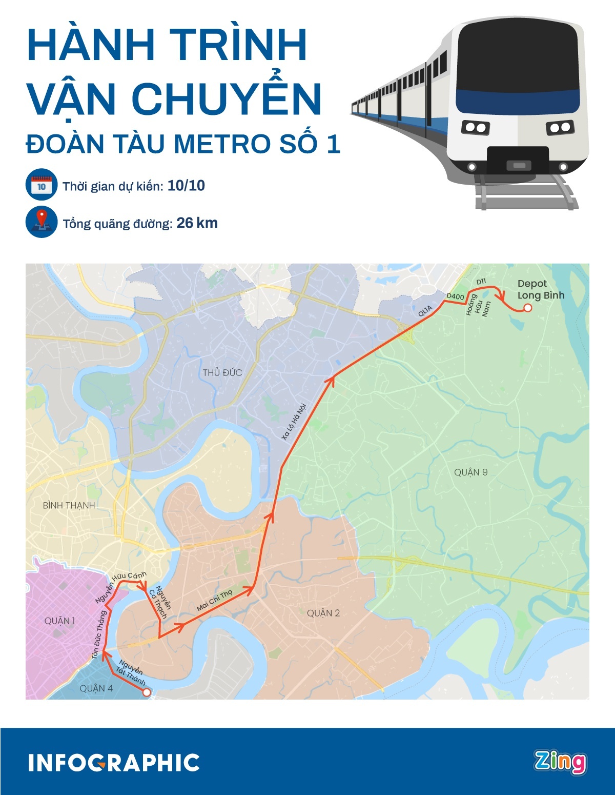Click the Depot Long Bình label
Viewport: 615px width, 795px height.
pos(540,289)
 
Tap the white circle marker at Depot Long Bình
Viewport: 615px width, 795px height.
pos(527,308)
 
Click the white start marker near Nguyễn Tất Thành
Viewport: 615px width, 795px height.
pos(146,692)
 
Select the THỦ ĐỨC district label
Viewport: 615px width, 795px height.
pos(222,373)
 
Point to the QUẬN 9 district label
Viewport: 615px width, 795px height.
pos(470,472)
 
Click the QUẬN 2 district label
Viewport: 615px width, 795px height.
pos(323,613)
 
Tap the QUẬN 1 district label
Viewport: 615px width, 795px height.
pos(59,621)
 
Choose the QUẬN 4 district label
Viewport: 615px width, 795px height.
pos(96,688)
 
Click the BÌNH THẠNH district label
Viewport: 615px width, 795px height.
pos(69,505)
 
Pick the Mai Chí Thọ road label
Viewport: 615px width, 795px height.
pos(214,600)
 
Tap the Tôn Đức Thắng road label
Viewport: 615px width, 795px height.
pos(99,635)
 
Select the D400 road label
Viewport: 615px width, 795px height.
pos(455,296)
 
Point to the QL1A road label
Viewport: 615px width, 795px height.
pos(425,311)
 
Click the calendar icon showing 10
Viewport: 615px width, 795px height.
pos(42,185)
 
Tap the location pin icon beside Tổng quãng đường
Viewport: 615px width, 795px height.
pos(42,222)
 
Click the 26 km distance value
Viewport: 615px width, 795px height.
pos(197,223)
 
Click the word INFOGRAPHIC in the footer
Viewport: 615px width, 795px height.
pos(114,763)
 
